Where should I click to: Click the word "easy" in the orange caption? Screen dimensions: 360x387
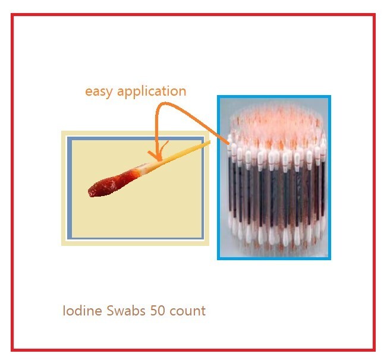pyautogui.click(x=99, y=91)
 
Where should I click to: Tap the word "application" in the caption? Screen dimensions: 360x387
pyautogui.click(x=152, y=91)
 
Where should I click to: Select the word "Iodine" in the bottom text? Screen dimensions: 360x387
pyautogui.click(x=80, y=310)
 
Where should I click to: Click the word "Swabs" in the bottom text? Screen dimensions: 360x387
pyautogui.click(x=121, y=310)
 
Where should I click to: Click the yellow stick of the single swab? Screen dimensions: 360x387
pyautogui.click(x=184, y=152)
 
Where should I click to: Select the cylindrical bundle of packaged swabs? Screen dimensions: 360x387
pyautogui.click(x=273, y=178)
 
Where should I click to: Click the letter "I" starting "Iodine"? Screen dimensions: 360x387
pyautogui.click(x=64, y=310)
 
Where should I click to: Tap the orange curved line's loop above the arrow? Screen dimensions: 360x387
pyautogui.click(x=172, y=103)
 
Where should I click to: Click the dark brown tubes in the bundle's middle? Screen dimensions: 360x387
pyautogui.click(x=273, y=190)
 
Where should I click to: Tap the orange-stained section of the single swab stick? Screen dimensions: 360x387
pyautogui.click(x=143, y=169)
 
